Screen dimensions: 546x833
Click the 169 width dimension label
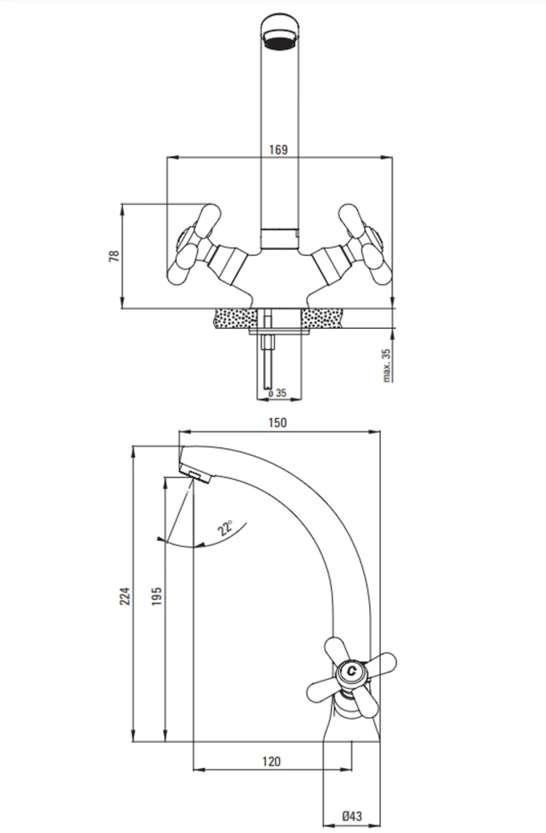click(x=278, y=149)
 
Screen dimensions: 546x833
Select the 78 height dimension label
click(x=114, y=256)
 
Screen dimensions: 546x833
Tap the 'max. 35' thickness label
click(x=387, y=365)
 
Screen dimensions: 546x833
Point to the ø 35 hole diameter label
click(x=277, y=393)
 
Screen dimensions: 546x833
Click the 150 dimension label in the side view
click(x=278, y=422)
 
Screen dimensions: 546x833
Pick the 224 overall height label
click(x=124, y=596)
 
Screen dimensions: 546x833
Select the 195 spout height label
click(x=157, y=596)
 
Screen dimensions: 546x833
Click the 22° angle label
click(x=225, y=527)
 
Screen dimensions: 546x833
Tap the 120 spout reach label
click(x=271, y=762)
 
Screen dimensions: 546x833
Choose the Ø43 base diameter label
click(x=352, y=816)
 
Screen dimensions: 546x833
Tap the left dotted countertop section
click(x=234, y=318)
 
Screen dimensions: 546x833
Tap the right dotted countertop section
click(x=323, y=318)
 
